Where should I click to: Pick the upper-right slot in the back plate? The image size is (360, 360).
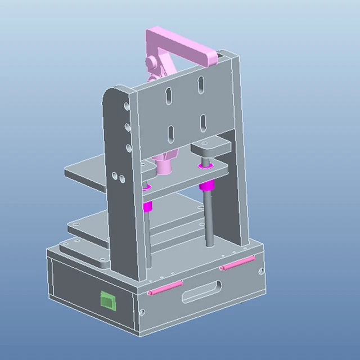200,85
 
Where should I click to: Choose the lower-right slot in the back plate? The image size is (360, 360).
202,123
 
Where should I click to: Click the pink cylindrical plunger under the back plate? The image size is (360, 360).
165,165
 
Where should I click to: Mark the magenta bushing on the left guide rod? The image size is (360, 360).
147,206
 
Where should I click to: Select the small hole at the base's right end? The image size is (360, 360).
260,271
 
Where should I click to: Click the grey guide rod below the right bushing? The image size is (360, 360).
209,219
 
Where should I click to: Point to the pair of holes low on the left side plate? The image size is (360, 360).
118,177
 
